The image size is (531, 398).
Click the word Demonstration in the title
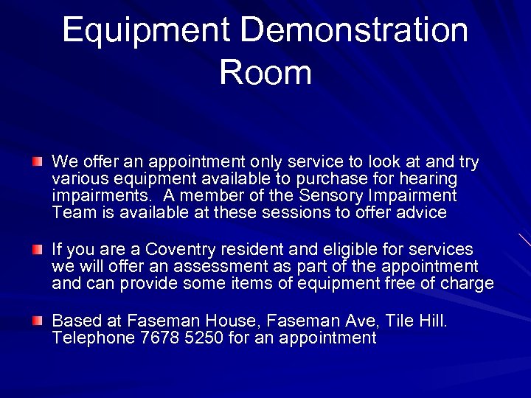354,31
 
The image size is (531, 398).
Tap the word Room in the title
265,72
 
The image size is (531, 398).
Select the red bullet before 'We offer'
38,161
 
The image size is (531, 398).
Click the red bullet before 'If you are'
38,251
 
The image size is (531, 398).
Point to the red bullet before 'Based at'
38,321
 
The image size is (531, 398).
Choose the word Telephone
84,338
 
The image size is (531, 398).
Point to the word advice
420,213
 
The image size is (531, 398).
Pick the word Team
72,213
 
